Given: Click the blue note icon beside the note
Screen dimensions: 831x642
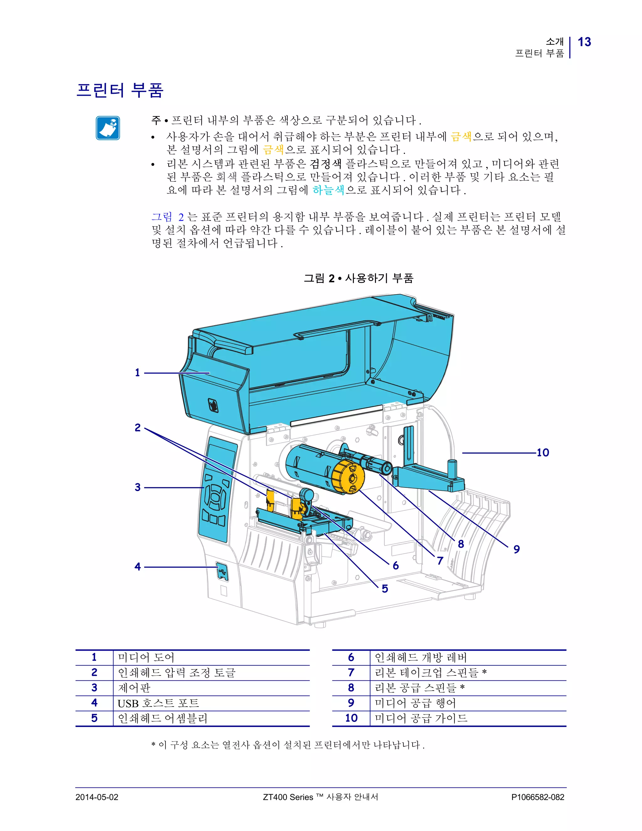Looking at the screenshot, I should pyautogui.click(x=108, y=128).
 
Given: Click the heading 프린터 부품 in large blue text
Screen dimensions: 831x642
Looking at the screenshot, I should pyautogui.click(x=120, y=91).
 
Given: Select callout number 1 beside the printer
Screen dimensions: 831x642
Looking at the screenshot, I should pyautogui.click(x=137, y=373).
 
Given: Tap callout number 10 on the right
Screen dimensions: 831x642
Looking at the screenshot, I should pyautogui.click(x=543, y=453).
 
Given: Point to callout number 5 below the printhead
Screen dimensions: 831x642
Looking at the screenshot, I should pyautogui.click(x=385, y=589).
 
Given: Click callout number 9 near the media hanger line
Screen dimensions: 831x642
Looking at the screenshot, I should pyautogui.click(x=516, y=549).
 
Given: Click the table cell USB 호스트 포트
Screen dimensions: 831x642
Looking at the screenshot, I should pyautogui.click(x=158, y=703).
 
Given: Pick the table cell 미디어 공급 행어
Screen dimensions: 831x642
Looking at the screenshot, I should pyautogui.click(x=415, y=703).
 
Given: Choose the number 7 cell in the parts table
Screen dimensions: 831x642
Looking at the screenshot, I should pyautogui.click(x=351, y=673).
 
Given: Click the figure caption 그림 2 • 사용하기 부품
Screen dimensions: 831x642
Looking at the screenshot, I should pyautogui.click(x=358, y=278).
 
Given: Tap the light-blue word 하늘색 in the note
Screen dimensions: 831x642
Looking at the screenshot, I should pyautogui.click(x=328, y=190).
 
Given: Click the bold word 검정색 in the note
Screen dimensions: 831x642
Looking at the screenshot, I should pyautogui.click(x=326, y=164).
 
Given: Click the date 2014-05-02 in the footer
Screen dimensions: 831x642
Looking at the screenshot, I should pyautogui.click(x=97, y=797).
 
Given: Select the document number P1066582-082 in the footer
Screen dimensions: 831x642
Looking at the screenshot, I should pyautogui.click(x=537, y=797).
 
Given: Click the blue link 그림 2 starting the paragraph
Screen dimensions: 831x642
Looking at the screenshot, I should pyautogui.click(x=168, y=217).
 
